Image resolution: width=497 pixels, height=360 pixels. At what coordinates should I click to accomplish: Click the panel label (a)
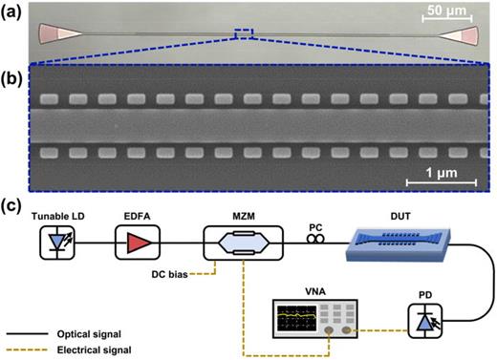13,11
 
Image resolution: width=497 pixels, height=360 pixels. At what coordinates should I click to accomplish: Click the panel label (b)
13,71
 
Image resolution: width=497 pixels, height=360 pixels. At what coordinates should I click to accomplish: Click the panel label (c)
13,205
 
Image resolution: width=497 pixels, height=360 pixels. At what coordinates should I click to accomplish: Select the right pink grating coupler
463,36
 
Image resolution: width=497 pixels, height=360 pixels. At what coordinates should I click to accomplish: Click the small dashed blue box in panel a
244,34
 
